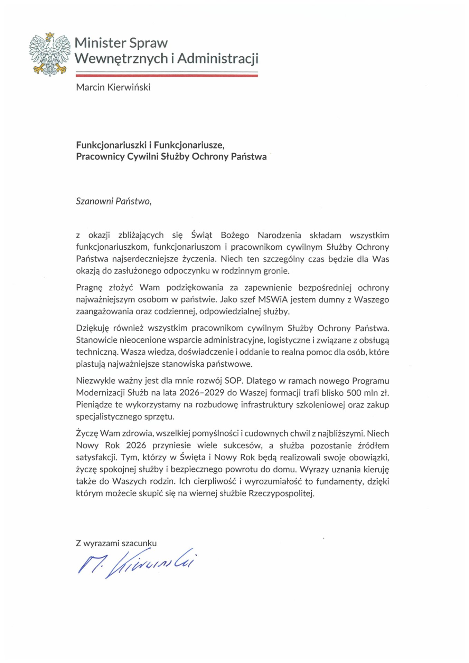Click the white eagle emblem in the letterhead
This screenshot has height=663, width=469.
coord(50,54)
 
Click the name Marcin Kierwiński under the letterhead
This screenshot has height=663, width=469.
coord(113,87)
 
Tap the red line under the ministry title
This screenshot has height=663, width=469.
coord(167,75)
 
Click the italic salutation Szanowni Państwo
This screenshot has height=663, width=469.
coord(113,201)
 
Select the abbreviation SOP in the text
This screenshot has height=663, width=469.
coord(234,381)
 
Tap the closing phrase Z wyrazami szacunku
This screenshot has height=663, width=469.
coord(116,543)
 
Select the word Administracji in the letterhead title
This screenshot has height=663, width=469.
coord(218,59)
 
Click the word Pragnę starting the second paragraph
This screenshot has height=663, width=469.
coord(89,288)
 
